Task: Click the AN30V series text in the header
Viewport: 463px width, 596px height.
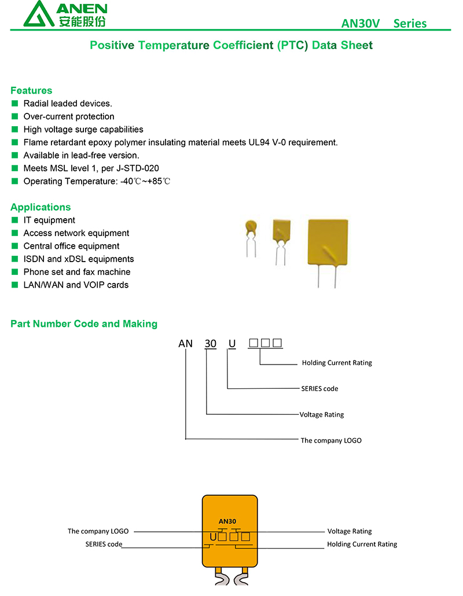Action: pyautogui.click(x=384, y=24)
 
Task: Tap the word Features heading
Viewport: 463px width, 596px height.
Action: pyautogui.click(x=31, y=90)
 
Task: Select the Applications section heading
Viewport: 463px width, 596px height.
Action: pyautogui.click(x=41, y=207)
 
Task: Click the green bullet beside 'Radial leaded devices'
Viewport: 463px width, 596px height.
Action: pyautogui.click(x=15, y=104)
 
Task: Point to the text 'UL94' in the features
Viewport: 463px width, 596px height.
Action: pyautogui.click(x=259, y=142)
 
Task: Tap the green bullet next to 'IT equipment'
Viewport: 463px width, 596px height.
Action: pyautogui.click(x=15, y=220)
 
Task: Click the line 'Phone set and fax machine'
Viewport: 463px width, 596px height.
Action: pyautogui.click(x=77, y=272)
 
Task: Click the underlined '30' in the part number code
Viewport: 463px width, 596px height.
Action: pyautogui.click(x=210, y=344)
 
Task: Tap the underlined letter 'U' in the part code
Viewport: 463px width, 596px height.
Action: pyautogui.click(x=232, y=344)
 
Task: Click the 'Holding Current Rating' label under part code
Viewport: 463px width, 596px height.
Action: pyautogui.click(x=337, y=363)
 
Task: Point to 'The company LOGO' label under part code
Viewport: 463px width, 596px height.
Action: pyautogui.click(x=331, y=440)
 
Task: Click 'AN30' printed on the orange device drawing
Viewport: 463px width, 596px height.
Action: pyautogui.click(x=227, y=521)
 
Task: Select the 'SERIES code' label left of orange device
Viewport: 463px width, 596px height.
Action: pyautogui.click(x=104, y=545)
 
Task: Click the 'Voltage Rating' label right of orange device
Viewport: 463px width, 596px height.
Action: pyautogui.click(x=350, y=531)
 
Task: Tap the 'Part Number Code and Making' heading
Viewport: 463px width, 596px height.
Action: pyautogui.click(x=84, y=324)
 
